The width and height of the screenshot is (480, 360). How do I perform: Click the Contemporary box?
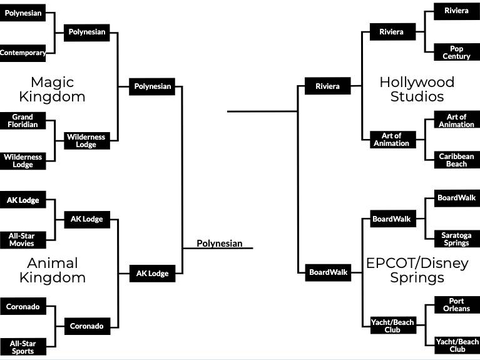pos(23,53)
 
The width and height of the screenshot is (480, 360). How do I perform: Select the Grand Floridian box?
pos(23,120)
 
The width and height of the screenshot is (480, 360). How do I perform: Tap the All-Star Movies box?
pos(22,239)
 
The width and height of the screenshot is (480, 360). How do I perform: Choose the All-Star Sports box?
pos(22,346)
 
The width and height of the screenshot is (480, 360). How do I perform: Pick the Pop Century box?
pos(456,52)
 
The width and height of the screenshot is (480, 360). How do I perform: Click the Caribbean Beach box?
pos(456,160)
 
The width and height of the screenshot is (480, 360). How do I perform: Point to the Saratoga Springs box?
pos(456,239)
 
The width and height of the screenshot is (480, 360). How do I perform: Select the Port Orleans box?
pos(456,305)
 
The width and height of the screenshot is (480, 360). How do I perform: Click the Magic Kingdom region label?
pos(52,89)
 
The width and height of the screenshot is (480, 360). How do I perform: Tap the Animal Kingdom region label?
pos(52,270)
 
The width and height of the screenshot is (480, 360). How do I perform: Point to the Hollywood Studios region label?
pos(417,89)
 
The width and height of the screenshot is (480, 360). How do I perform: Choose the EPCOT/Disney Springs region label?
pos(417,270)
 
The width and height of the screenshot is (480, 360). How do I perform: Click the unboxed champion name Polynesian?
pos(219,244)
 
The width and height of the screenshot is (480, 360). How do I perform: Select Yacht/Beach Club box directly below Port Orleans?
pos(456,346)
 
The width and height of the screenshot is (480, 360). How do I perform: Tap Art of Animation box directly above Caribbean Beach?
pos(456,120)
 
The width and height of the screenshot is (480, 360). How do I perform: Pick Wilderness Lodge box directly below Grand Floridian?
pos(23,161)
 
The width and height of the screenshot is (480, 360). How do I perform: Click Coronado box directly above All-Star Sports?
pos(23,307)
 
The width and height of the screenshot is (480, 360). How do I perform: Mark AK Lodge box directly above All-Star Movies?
pos(23,200)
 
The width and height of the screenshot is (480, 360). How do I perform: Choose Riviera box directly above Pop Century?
pos(456,11)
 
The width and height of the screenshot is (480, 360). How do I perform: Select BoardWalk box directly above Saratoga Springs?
pos(456,198)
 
